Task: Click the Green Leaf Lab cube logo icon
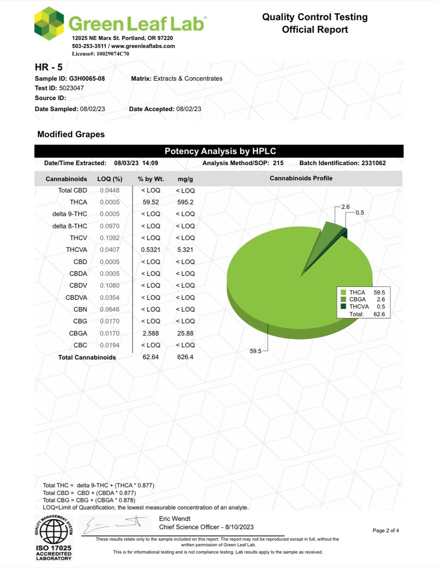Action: [49, 23]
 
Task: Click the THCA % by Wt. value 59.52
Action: [150, 202]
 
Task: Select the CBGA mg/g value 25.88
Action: [185, 333]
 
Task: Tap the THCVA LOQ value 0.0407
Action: [109, 250]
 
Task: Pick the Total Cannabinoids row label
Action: [87, 357]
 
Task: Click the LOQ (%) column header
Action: [110, 179]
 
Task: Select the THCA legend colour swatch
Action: [343, 293]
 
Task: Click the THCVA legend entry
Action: [359, 306]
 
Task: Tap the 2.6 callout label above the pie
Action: [346, 207]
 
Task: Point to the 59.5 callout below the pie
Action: [255, 351]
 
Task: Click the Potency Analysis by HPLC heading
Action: [220, 151]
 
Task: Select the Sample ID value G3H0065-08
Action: [87, 78]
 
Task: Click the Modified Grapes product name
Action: [71, 134]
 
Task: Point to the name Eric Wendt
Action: [175, 518]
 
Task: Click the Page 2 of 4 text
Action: [386, 530]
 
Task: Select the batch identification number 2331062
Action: [373, 163]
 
